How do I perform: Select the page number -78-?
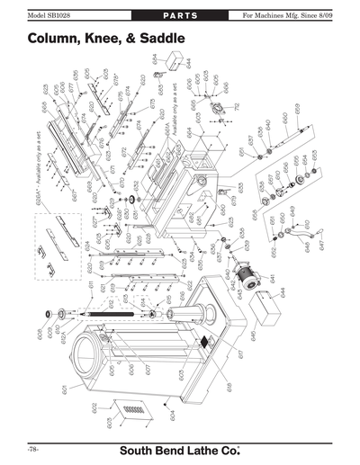(x=32, y=447)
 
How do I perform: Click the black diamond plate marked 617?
(x=205, y=342)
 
